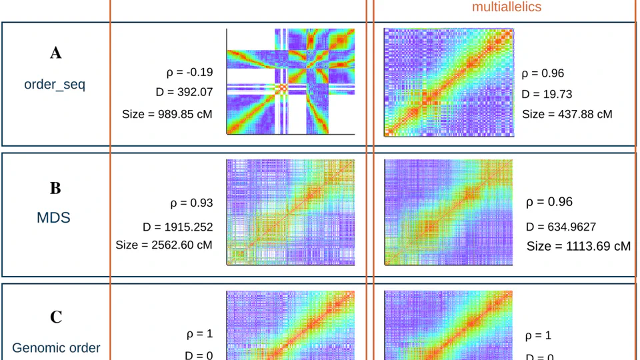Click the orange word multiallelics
pos(507,7)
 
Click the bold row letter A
pos(56,53)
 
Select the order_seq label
pos(55,85)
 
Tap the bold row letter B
pos(55,188)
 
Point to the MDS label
pos(55,217)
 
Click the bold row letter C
pos(56,317)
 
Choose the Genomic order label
pos(57,347)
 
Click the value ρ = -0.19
pos(189,72)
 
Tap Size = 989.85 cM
pos(167,114)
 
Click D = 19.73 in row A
pos(547,94)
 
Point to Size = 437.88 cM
pos(567,114)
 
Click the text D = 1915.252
pos(177,227)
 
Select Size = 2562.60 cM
pos(164,245)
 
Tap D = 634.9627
pos(561,227)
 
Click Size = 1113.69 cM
pos(578,246)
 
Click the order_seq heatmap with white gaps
pos(290,81)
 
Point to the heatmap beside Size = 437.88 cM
pos(449,83)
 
